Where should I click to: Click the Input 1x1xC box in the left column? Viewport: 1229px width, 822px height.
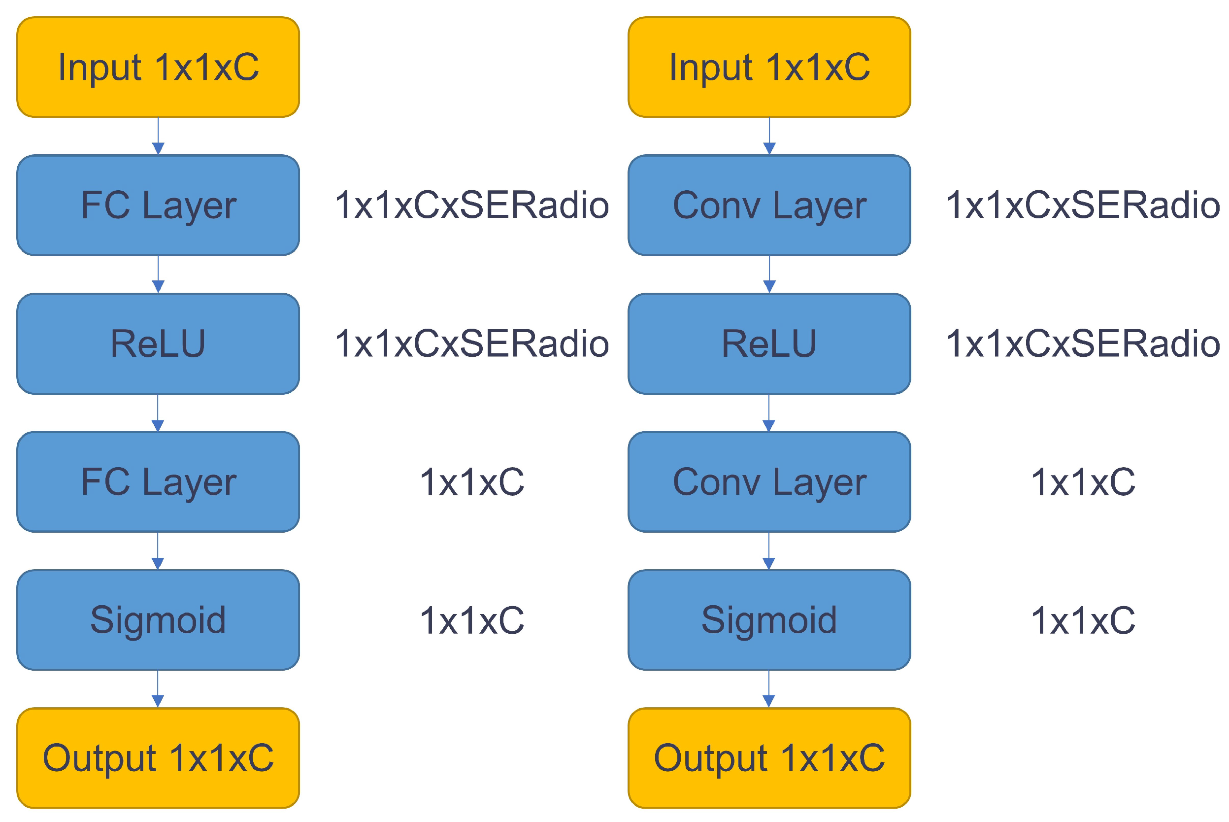(x=158, y=67)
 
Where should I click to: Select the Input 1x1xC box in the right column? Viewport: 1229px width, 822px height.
(x=769, y=67)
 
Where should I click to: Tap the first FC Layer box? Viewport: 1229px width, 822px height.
(x=158, y=205)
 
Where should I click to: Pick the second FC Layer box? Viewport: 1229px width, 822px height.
(x=158, y=482)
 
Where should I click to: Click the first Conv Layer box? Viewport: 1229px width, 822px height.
(x=769, y=205)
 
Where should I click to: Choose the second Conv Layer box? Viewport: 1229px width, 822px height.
(x=769, y=482)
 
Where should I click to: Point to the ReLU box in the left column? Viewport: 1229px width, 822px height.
(x=158, y=344)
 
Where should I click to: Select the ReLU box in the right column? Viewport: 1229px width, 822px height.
(x=769, y=344)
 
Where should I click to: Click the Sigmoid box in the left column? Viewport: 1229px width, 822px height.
(x=158, y=620)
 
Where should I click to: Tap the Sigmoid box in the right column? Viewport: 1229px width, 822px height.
(x=769, y=620)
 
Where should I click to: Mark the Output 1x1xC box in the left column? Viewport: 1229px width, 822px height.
(x=158, y=758)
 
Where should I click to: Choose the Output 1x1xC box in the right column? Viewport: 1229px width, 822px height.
(x=769, y=758)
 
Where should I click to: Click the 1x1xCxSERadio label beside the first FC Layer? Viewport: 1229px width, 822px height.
(x=471, y=205)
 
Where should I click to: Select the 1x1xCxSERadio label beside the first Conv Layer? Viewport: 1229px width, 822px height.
(x=1082, y=205)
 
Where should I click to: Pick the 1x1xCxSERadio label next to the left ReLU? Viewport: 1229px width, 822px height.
(x=471, y=344)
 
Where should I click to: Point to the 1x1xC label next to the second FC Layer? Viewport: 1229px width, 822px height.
(x=471, y=482)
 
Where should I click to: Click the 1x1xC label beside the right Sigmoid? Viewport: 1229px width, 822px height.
(x=1082, y=620)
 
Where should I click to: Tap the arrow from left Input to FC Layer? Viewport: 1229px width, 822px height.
(x=158, y=137)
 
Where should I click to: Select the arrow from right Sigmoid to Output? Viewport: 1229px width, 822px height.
(x=768, y=689)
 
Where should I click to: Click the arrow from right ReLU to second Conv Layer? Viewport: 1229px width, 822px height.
(x=768, y=413)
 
